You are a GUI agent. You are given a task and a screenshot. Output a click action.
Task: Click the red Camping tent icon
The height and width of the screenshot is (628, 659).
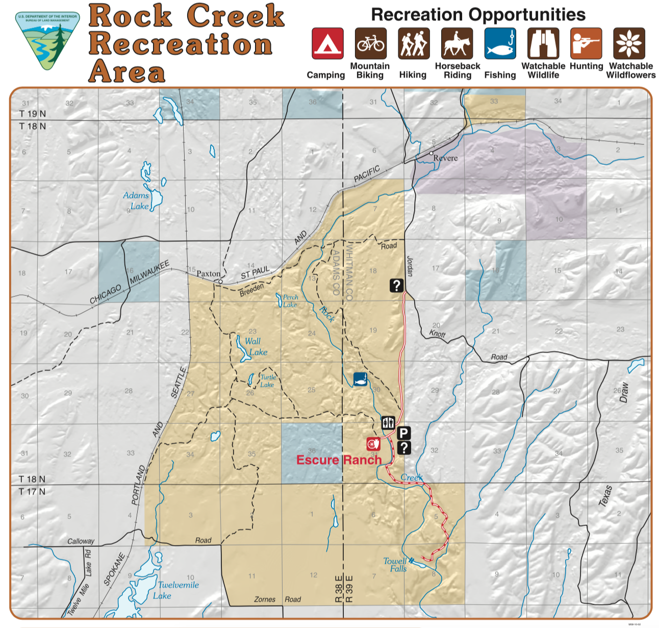pos(327,44)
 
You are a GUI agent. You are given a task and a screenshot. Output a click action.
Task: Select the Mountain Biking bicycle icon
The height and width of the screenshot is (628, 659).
pos(371,44)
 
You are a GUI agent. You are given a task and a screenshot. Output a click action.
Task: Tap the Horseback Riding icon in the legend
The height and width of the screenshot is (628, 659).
pos(457,44)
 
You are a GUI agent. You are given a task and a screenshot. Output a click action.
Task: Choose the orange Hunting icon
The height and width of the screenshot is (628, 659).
pos(586,44)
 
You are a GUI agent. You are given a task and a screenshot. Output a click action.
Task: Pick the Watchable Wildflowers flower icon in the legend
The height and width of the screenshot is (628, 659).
pos(629,44)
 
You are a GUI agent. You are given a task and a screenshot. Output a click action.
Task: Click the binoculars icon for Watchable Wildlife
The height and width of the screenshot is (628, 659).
pos(543,44)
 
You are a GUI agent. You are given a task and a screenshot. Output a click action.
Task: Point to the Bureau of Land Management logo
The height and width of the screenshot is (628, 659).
pos(48,41)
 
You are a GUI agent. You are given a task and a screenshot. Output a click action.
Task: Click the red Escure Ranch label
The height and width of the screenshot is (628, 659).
pos(339,460)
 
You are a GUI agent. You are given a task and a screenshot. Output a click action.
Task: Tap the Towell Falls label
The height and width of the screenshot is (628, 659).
pos(395,565)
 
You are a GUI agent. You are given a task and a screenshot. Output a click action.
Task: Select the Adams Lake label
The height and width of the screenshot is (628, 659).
pos(136,200)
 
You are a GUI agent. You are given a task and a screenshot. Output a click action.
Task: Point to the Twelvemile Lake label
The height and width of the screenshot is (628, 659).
pos(176,590)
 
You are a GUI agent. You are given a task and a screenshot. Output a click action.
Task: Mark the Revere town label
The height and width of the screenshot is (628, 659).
pos(445,158)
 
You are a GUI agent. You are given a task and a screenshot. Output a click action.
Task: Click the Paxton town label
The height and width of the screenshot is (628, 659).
pos(209,274)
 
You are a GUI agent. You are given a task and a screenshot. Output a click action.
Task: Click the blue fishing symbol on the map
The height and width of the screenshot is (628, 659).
pos(361,380)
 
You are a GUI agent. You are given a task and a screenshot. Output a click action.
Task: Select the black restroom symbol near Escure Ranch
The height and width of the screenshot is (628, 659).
pos(388,422)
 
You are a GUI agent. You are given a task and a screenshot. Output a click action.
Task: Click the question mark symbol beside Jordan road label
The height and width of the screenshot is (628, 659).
pos(397,286)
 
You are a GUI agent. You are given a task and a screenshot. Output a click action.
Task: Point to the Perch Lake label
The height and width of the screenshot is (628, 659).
pos(290,300)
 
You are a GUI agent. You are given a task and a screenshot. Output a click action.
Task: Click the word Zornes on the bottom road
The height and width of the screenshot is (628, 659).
pos(265,599)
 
